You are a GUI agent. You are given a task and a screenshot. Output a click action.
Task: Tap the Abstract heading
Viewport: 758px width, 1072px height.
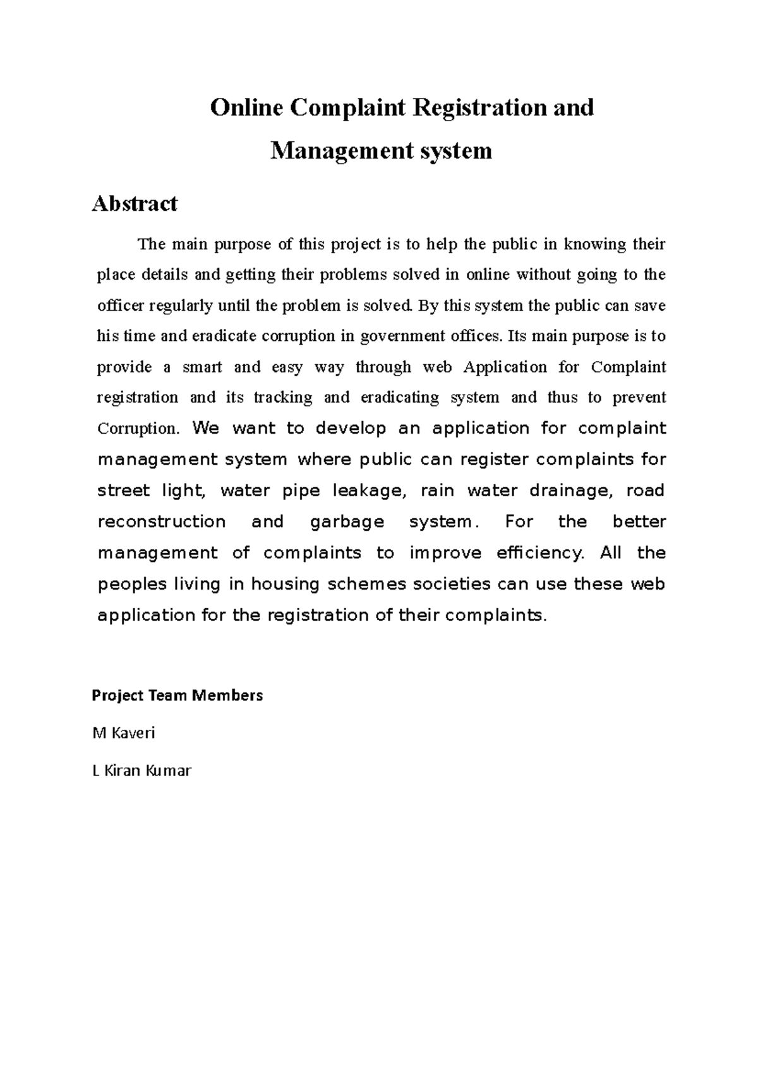pos(135,204)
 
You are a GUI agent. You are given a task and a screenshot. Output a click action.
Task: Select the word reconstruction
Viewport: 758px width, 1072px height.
pos(162,522)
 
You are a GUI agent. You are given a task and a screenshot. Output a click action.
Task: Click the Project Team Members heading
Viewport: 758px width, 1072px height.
pos(177,696)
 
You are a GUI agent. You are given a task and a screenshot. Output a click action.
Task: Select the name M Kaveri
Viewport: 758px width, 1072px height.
pos(124,733)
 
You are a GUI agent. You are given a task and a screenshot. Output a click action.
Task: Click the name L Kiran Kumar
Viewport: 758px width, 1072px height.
pos(141,771)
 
